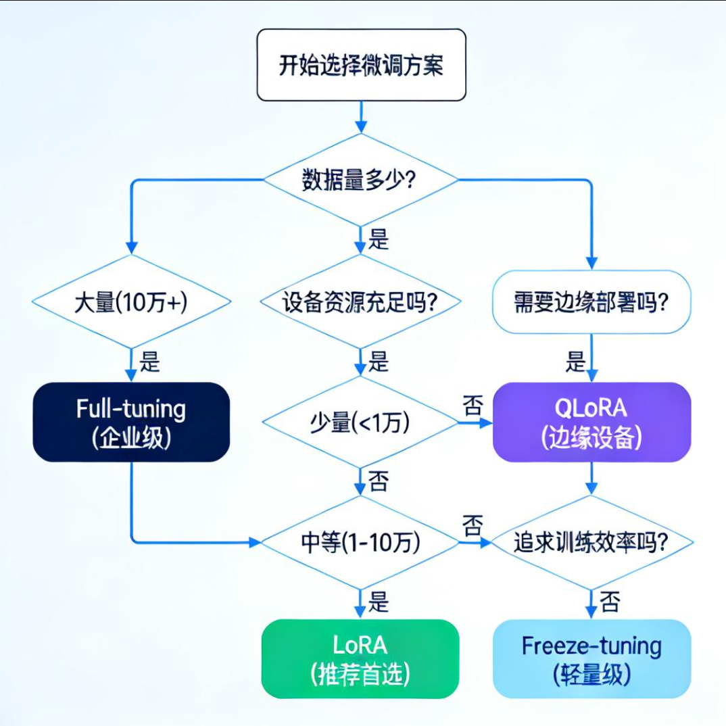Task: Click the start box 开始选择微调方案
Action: click(361, 65)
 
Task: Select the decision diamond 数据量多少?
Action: click(360, 180)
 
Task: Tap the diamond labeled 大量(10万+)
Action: click(130, 304)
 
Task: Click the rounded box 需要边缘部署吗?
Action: click(591, 302)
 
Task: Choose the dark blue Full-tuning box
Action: click(131, 422)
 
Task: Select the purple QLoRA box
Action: click(591, 422)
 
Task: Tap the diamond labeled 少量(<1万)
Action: click(360, 423)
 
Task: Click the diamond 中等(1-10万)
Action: click(360, 542)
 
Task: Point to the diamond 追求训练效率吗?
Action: click(591, 542)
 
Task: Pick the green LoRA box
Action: click(360, 658)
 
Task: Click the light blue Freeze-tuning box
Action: click(591, 658)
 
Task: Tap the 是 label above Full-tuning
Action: click(149, 362)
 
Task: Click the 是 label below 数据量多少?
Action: click(379, 239)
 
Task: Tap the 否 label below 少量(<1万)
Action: click(379, 482)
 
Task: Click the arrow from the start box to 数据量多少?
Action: click(361, 116)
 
